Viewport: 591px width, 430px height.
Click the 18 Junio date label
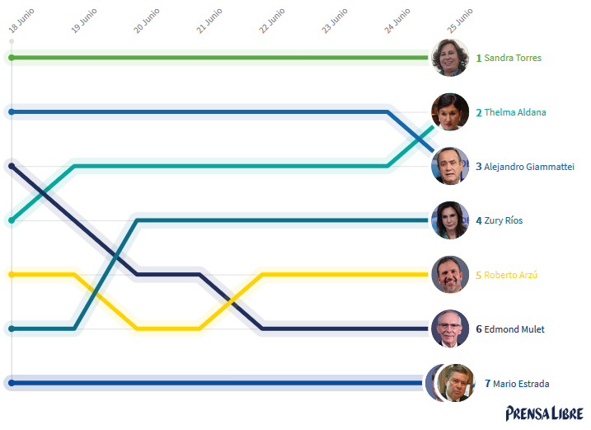[x=21, y=22]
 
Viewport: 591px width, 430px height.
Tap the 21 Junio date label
[x=209, y=21]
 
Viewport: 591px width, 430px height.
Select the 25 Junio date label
[x=460, y=21]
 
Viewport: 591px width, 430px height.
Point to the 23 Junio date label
[x=335, y=21]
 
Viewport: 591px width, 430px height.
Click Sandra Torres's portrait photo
[x=450, y=58]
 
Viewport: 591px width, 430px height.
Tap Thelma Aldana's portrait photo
[x=450, y=111]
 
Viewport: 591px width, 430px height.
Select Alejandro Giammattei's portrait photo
[x=450, y=166]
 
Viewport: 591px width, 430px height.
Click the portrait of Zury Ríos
[x=450, y=220]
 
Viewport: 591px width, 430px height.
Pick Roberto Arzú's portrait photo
[x=450, y=275]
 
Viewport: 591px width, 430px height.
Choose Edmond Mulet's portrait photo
[x=450, y=328]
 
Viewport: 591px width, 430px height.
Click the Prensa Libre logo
[x=545, y=413]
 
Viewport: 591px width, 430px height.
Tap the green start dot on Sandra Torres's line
[x=12, y=58]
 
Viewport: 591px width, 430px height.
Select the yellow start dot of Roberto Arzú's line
[x=12, y=275]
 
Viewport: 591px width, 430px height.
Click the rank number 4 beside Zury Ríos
[x=478, y=221]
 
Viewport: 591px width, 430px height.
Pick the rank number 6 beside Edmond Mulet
[x=478, y=329]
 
